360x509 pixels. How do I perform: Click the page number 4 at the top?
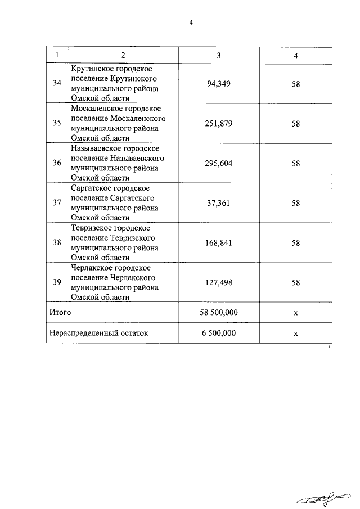(x=191, y=22)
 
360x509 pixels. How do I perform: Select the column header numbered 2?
(x=123, y=55)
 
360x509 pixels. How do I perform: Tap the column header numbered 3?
(x=219, y=55)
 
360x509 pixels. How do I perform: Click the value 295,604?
(x=219, y=164)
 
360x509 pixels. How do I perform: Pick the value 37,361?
(x=219, y=204)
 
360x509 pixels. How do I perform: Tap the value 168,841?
(x=219, y=244)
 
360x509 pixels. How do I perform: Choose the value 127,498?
(x=219, y=283)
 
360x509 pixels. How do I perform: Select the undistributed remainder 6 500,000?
(x=219, y=333)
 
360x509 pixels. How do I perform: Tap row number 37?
(x=57, y=204)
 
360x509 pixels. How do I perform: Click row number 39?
(x=57, y=283)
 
